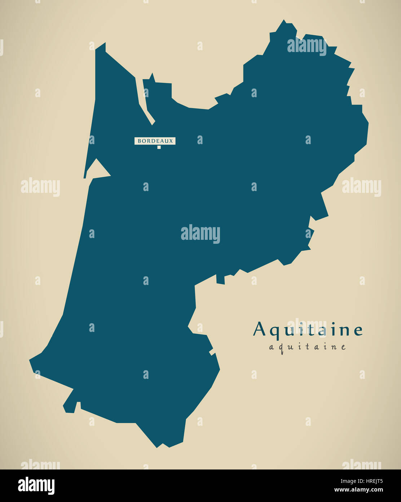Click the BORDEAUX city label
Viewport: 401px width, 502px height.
pyautogui.click(x=155, y=141)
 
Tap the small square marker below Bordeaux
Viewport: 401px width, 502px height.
pyautogui.click(x=159, y=147)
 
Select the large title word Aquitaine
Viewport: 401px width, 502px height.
pyautogui.click(x=308, y=330)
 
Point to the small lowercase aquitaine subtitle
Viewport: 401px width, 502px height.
pyautogui.click(x=308, y=347)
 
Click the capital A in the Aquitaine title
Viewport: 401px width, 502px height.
pyautogui.click(x=260, y=329)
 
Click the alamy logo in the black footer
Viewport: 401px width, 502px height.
pyautogui.click(x=36, y=486)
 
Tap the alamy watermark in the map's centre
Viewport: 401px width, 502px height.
pyautogui.click(x=200, y=234)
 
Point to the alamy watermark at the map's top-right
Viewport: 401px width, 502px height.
pyautogui.click(x=307, y=46)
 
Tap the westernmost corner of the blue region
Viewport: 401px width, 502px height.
pyautogui.click(x=30, y=360)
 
